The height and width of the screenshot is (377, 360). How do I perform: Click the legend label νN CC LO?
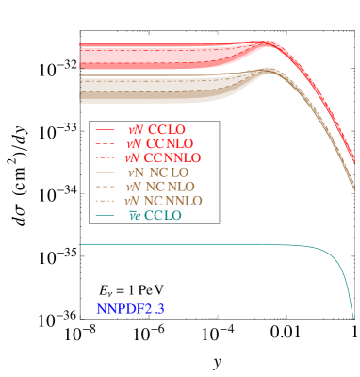pyautogui.click(x=155, y=129)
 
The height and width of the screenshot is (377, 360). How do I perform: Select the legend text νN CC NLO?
pyautogui.click(x=159, y=143)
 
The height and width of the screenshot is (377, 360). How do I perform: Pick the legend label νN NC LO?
pyautogui.click(x=157, y=172)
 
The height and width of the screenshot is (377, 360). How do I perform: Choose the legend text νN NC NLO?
pyautogui.click(x=160, y=187)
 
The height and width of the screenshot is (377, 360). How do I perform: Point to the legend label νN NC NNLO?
pyautogui.click(x=164, y=201)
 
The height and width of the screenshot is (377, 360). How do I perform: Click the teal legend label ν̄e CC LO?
pyautogui.click(x=155, y=216)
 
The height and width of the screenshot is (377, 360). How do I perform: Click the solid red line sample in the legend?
pyautogui.click(x=105, y=129)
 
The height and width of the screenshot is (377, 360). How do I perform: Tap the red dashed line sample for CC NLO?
pyautogui.click(x=105, y=143)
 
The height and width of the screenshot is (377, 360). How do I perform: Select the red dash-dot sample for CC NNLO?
pyautogui.click(x=105, y=157)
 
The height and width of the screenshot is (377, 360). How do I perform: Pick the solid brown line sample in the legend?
pyautogui.click(x=105, y=172)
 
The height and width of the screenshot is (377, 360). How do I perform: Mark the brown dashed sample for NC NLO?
pyautogui.click(x=105, y=187)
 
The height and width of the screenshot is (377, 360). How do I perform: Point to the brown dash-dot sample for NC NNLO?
pyautogui.click(x=105, y=201)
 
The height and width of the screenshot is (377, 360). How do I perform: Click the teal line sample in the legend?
pyautogui.click(x=105, y=216)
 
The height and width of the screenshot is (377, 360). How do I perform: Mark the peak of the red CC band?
pyautogui.click(x=270, y=42)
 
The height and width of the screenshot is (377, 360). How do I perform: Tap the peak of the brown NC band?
pyautogui.click(x=269, y=69)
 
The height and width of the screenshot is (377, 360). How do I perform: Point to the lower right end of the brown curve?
pyautogui.click(x=354, y=188)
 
